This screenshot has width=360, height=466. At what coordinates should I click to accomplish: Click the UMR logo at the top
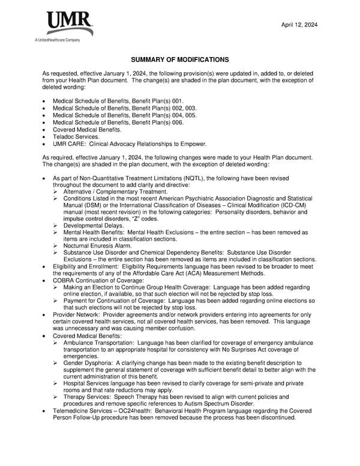(x=70, y=23)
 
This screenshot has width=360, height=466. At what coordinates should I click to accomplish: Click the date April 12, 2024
(x=299, y=25)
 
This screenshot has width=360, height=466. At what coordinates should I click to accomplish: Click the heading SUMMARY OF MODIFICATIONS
(x=179, y=59)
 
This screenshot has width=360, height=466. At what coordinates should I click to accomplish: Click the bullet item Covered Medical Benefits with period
(x=87, y=129)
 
